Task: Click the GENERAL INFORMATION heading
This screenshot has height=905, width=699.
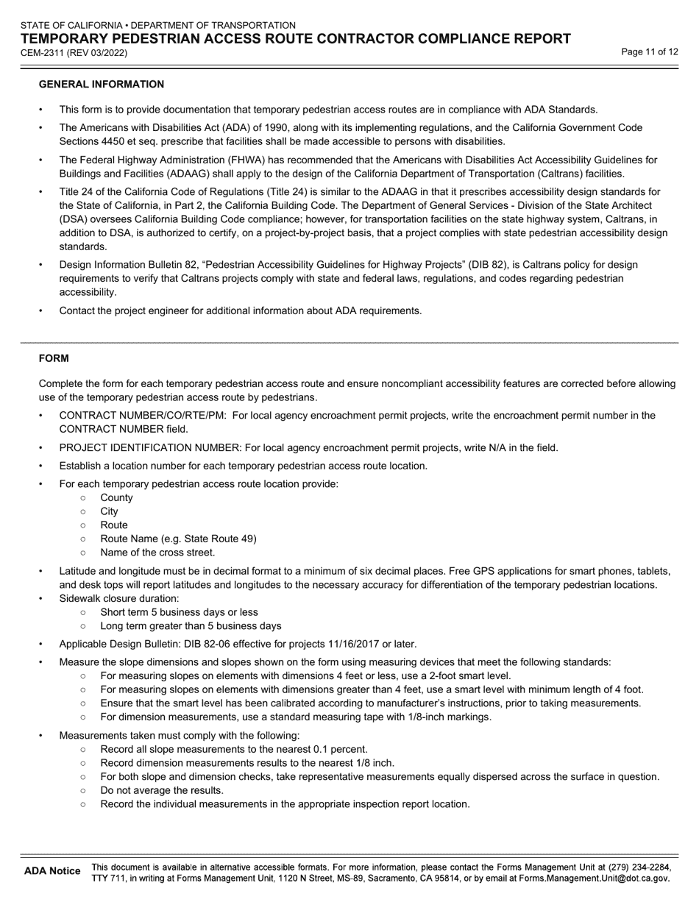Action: (x=101, y=85)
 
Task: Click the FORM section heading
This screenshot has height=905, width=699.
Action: (x=54, y=358)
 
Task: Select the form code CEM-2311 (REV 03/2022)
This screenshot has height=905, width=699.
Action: (x=74, y=53)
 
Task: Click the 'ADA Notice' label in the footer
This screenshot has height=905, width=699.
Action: (x=52, y=871)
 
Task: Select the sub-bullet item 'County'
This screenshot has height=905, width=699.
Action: (x=117, y=497)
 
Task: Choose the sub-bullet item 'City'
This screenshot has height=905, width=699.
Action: (x=109, y=511)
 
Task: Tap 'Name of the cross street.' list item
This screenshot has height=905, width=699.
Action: (x=157, y=553)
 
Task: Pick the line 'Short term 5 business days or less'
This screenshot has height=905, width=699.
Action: (x=179, y=612)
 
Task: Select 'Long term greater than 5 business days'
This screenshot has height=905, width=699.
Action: (x=191, y=626)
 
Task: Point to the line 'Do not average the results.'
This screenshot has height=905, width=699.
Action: (x=162, y=790)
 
